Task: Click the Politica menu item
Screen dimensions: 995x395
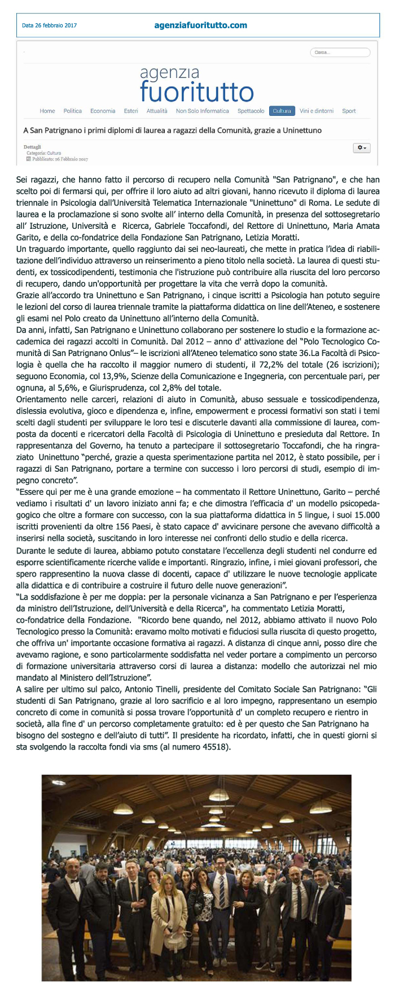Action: [x=72, y=111]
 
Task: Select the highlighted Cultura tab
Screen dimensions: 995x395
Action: [x=282, y=111]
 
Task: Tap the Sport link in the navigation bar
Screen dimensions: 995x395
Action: [x=349, y=111]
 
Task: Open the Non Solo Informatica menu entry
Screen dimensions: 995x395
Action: [x=202, y=111]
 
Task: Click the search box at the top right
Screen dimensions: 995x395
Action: [x=340, y=53]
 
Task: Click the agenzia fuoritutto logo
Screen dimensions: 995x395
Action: [x=196, y=85]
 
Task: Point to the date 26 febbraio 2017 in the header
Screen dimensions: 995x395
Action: [x=49, y=25]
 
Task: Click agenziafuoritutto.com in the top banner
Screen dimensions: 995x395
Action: [x=200, y=25]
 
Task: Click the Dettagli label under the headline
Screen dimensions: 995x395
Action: [x=32, y=147]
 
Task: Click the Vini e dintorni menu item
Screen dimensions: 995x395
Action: [x=316, y=111]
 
